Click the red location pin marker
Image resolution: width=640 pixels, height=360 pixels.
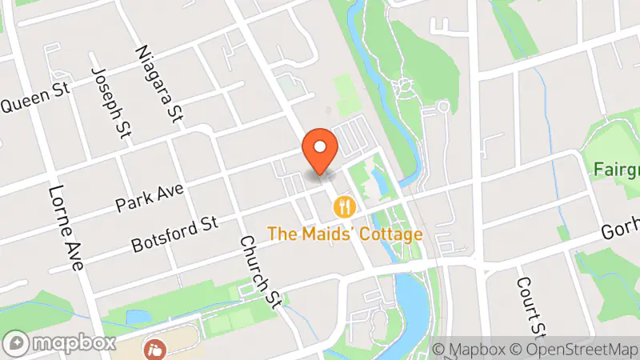point(321,151)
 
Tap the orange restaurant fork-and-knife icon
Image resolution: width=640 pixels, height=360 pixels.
point(345,206)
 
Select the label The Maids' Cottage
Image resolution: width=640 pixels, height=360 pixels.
point(345,234)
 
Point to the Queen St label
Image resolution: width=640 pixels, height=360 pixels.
point(35,100)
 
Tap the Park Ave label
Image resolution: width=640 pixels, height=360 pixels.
point(150,197)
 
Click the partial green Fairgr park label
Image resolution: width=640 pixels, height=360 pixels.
point(617,170)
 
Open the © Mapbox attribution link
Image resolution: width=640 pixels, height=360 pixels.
point(468,349)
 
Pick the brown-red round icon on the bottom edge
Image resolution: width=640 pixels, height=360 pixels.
point(153,350)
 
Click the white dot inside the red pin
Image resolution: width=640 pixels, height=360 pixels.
point(321,146)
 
